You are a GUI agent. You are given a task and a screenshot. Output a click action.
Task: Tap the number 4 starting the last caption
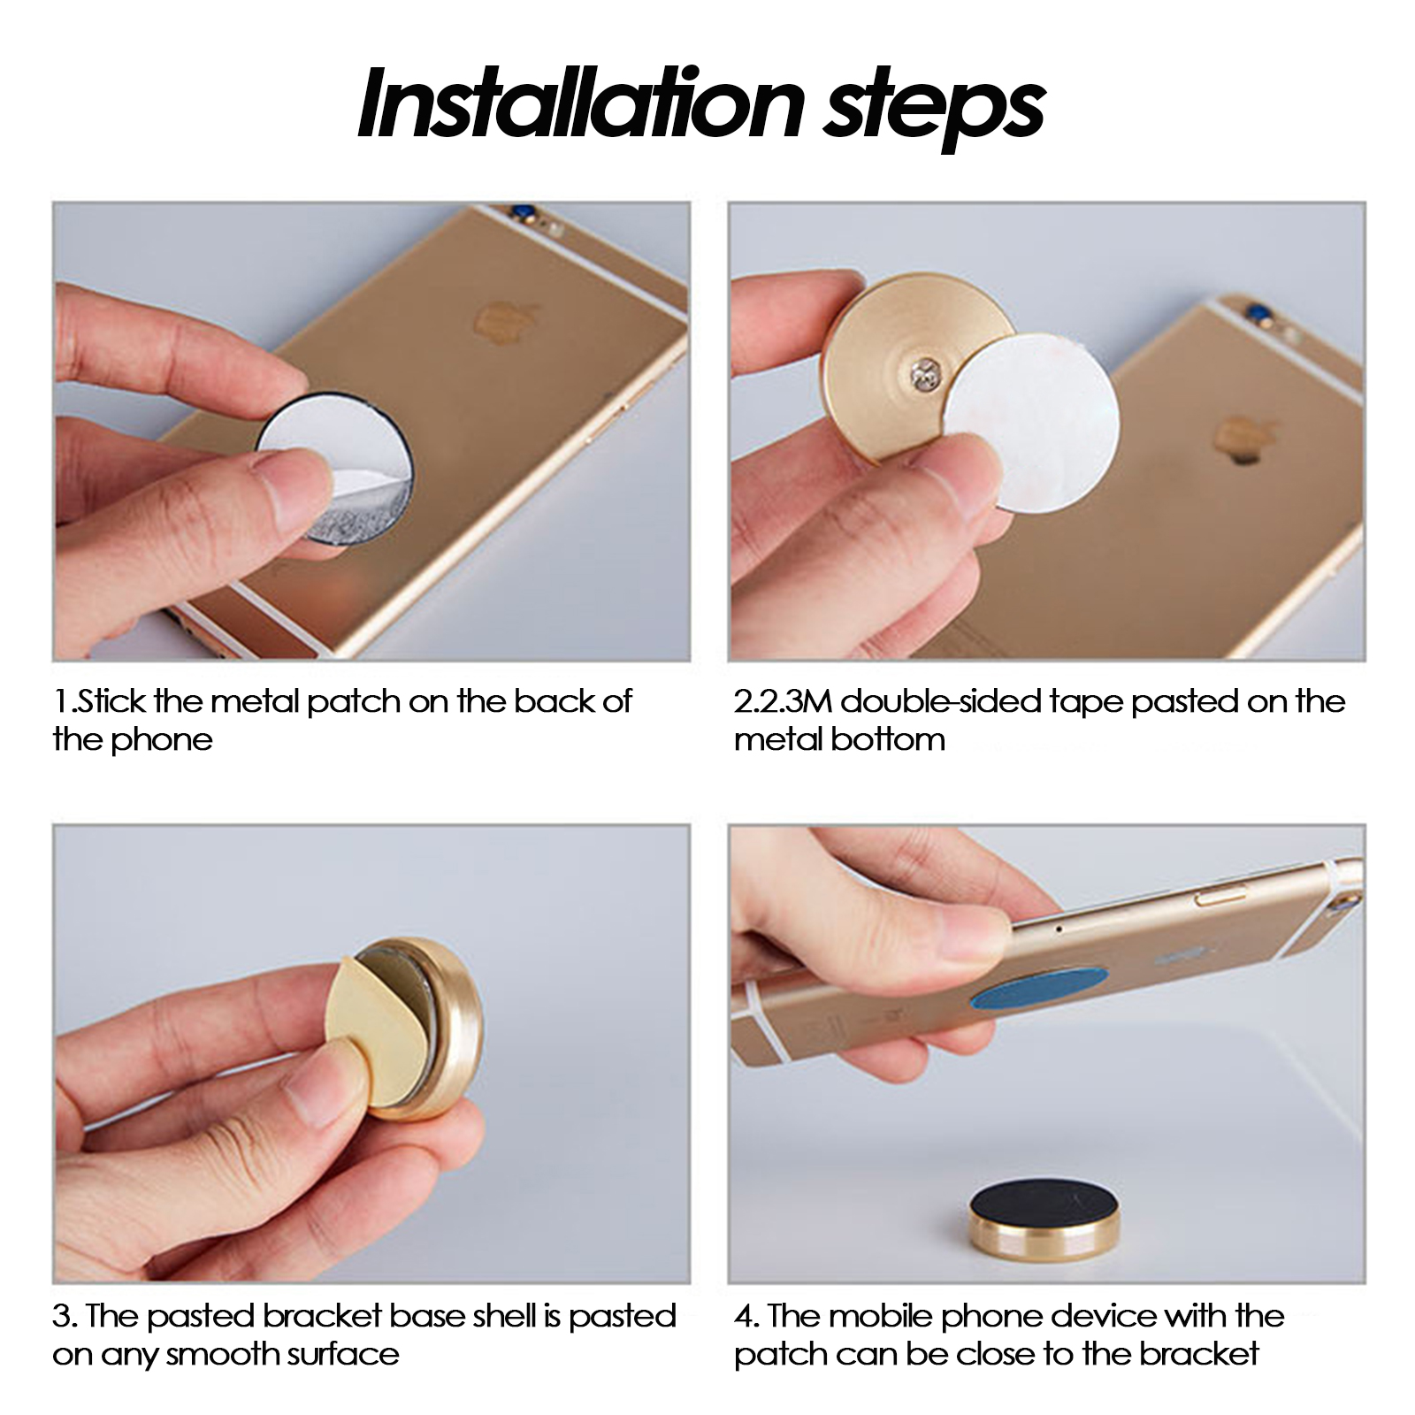point(742,1317)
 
